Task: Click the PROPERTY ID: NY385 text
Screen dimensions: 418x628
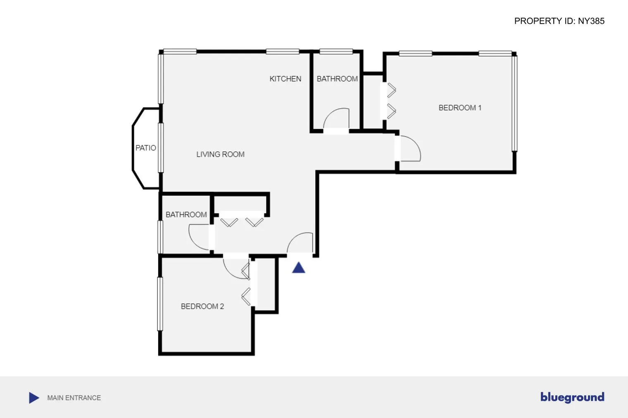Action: pyautogui.click(x=559, y=21)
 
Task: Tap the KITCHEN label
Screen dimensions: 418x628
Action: pyautogui.click(x=285, y=79)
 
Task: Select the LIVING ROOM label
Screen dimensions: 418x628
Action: pyautogui.click(x=220, y=154)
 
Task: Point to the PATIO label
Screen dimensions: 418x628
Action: pyautogui.click(x=145, y=148)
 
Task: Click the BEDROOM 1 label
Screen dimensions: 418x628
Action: pyautogui.click(x=460, y=108)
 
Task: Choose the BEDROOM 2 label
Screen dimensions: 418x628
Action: pyautogui.click(x=202, y=306)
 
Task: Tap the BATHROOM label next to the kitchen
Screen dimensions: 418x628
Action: pyautogui.click(x=337, y=79)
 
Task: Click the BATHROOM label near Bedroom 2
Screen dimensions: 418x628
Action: pyautogui.click(x=186, y=215)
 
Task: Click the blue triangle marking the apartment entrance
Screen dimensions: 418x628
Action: pyautogui.click(x=298, y=268)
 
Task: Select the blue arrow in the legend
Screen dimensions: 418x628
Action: pyautogui.click(x=34, y=398)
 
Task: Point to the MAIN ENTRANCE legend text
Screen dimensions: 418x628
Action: pyautogui.click(x=74, y=398)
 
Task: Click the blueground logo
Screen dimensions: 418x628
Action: pyautogui.click(x=572, y=397)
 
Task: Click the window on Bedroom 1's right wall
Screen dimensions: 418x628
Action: pyautogui.click(x=515, y=103)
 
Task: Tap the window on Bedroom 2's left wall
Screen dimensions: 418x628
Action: pyautogui.click(x=160, y=304)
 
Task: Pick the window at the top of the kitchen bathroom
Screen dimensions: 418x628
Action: pyautogui.click(x=336, y=52)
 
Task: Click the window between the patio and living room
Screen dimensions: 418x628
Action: pyautogui.click(x=161, y=147)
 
